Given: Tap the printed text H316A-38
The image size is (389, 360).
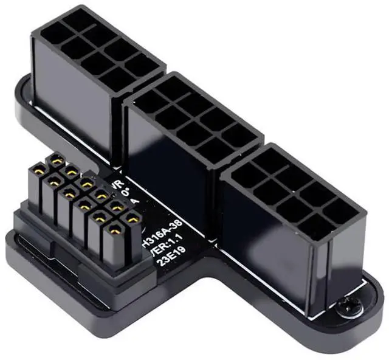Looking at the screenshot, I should tap(160, 237).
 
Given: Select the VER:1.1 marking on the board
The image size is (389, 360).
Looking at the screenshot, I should tap(159, 251).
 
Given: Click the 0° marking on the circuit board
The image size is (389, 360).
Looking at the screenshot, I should tap(126, 193).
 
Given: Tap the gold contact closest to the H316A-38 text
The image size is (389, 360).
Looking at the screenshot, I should tap(129, 217).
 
